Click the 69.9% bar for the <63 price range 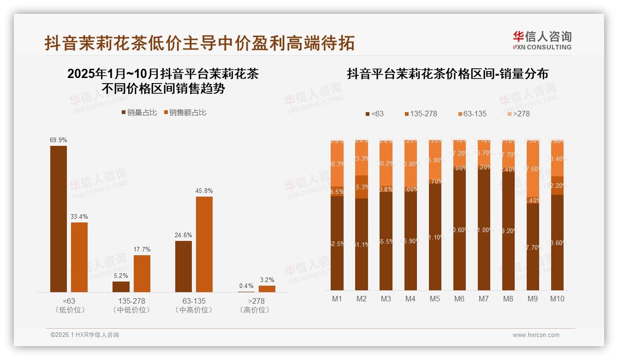(59, 219)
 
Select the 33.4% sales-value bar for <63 (79, 257)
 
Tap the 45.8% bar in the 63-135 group (204, 244)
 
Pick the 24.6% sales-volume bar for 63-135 (184, 266)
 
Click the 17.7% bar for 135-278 (142, 273)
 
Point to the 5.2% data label (121, 276)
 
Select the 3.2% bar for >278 (267, 289)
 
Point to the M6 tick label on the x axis (459, 299)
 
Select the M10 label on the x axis (557, 299)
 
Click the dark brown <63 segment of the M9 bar (533, 247)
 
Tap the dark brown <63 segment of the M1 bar (337, 243)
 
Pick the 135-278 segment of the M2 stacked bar (362, 187)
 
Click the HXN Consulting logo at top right (542, 40)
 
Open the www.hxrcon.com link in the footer (535, 335)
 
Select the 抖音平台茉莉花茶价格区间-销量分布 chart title (447, 74)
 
